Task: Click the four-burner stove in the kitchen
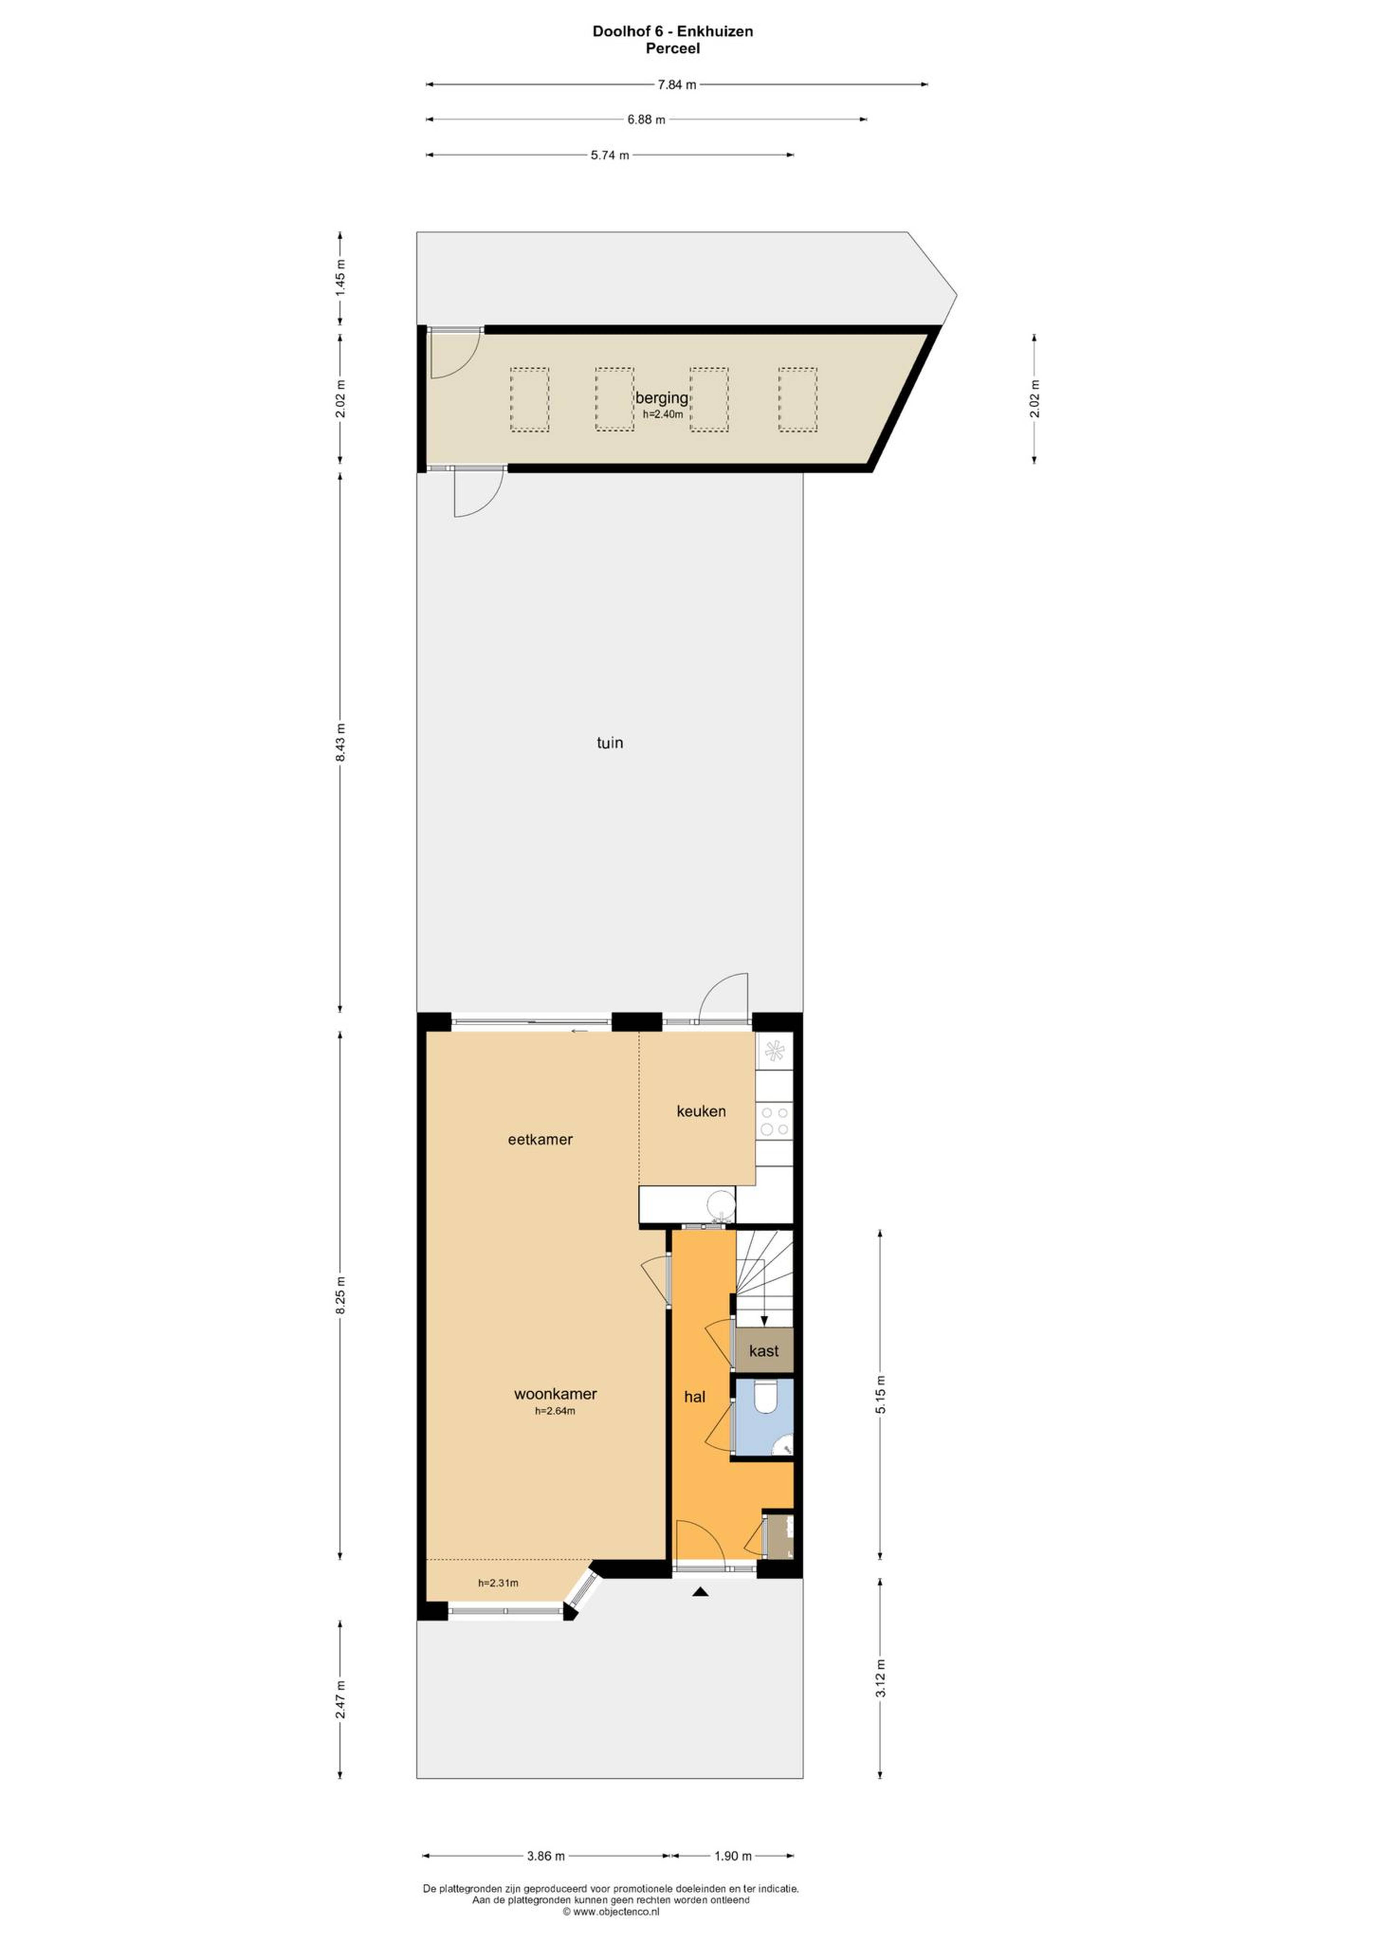point(774,1121)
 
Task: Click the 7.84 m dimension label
point(677,84)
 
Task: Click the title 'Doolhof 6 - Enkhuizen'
point(673,31)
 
